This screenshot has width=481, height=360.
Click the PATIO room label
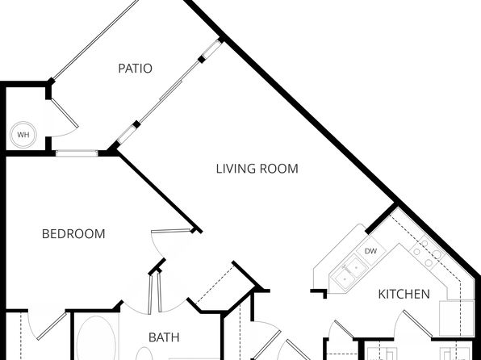click(135, 68)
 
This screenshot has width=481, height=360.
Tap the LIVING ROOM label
click(257, 169)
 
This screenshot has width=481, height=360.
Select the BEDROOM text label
click(73, 234)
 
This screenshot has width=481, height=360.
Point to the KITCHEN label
click(404, 294)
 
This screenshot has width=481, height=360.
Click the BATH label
click(164, 337)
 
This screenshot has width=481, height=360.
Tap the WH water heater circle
click(23, 135)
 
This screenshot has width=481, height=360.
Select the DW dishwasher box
click(370, 251)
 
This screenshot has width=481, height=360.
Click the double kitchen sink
click(351, 271)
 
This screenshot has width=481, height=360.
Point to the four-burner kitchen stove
click(427, 253)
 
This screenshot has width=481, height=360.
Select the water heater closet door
click(65, 113)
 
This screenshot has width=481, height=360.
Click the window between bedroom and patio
click(77, 153)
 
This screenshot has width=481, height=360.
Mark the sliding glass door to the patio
click(169, 91)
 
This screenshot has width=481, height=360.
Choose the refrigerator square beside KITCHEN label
click(457, 318)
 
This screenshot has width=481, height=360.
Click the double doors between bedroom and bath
click(155, 293)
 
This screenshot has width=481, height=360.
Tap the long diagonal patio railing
click(95, 40)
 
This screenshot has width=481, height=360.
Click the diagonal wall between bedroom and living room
click(160, 192)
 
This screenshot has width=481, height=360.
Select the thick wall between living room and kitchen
click(381, 218)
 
